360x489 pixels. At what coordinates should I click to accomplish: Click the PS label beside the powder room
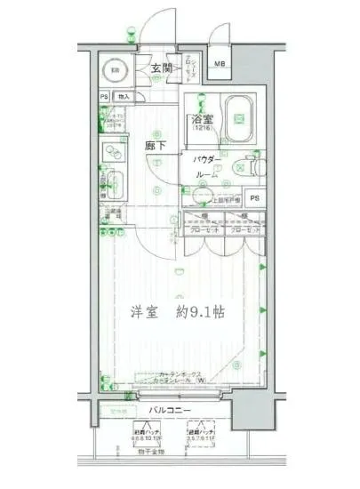tap(254, 198)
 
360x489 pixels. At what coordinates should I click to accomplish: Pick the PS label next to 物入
tap(104, 96)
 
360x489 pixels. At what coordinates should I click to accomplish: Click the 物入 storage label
tap(124, 96)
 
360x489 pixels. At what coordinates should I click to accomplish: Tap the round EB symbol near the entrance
tap(115, 71)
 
